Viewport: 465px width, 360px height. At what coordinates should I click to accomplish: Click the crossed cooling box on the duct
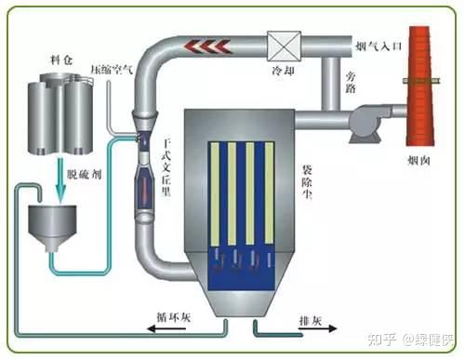(x=280, y=43)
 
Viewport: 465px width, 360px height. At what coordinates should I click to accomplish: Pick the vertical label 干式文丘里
(x=167, y=167)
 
